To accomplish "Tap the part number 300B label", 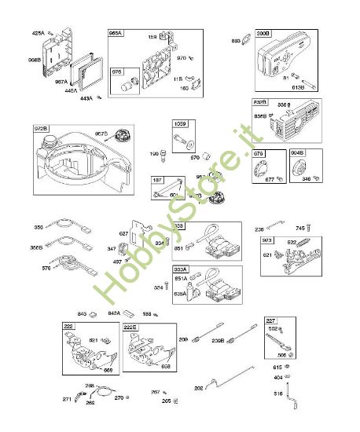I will point(263,34).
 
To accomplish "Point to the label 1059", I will point(180,125).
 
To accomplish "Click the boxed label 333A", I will point(180,269).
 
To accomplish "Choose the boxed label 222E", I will point(130,325).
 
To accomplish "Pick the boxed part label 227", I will point(270,320).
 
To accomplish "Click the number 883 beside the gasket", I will point(236,40).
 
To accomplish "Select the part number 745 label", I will point(299,229).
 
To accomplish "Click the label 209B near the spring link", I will point(217,339).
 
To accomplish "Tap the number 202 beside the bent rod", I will point(198,387).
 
